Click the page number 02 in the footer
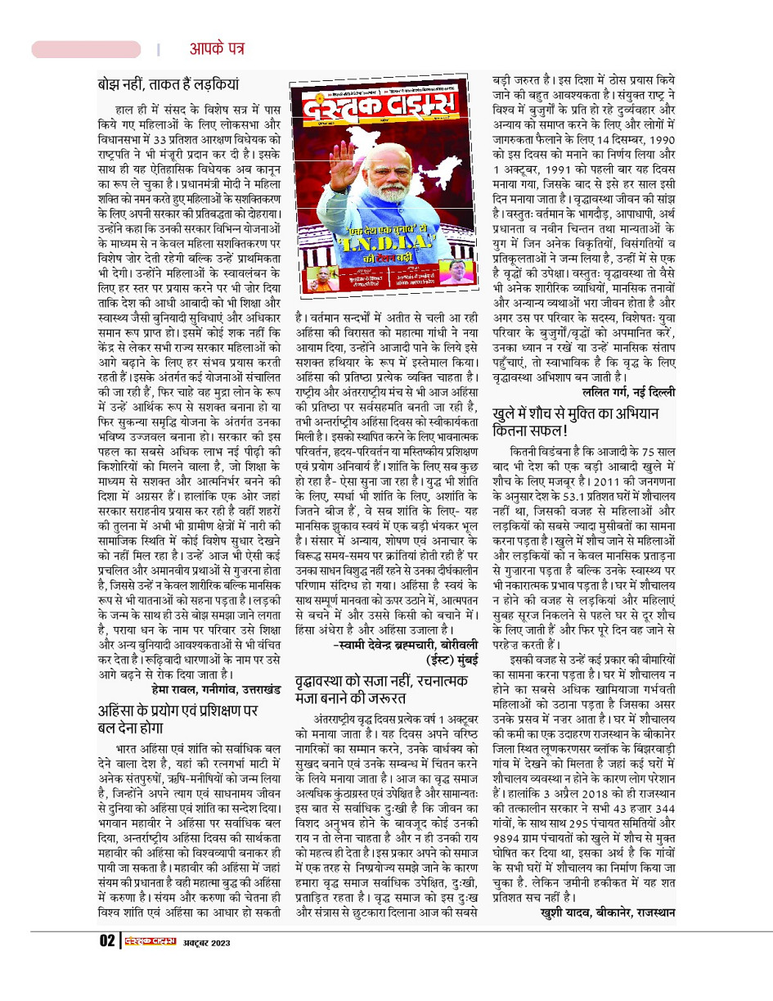108,941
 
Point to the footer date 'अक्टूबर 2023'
206,942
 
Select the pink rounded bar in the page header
86,49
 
